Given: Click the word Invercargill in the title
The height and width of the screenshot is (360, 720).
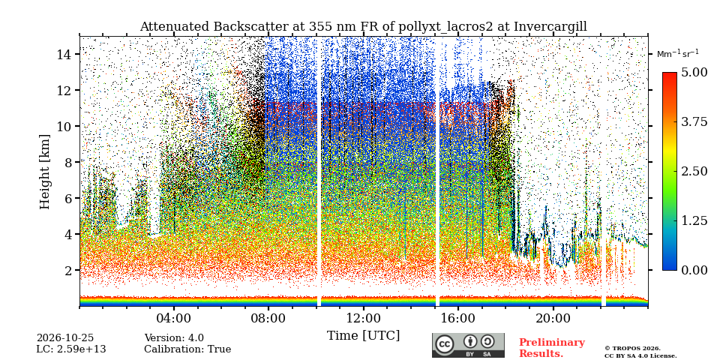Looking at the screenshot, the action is click(x=550, y=27).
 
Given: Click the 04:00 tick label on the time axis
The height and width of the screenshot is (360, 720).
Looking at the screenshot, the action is click(x=174, y=318).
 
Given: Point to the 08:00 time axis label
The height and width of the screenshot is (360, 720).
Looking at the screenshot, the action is click(x=268, y=318).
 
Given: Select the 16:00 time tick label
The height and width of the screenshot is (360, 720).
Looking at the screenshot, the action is click(x=458, y=318).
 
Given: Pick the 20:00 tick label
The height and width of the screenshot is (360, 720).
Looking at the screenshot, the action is click(x=553, y=318).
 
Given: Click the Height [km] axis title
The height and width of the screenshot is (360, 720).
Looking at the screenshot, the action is click(x=44, y=172).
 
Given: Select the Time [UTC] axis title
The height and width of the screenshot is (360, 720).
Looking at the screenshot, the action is click(x=363, y=336).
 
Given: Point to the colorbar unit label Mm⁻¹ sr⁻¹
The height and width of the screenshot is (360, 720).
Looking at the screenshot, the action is click(x=678, y=53).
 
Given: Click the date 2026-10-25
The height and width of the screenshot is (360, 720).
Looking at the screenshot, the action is click(x=65, y=338).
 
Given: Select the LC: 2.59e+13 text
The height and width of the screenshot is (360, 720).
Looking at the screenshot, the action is click(x=71, y=349).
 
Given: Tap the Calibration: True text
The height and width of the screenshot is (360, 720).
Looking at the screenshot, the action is click(x=187, y=349).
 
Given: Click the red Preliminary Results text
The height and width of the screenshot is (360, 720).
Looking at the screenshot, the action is click(x=552, y=347).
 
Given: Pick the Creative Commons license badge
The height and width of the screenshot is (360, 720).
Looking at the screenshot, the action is click(x=468, y=345).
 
